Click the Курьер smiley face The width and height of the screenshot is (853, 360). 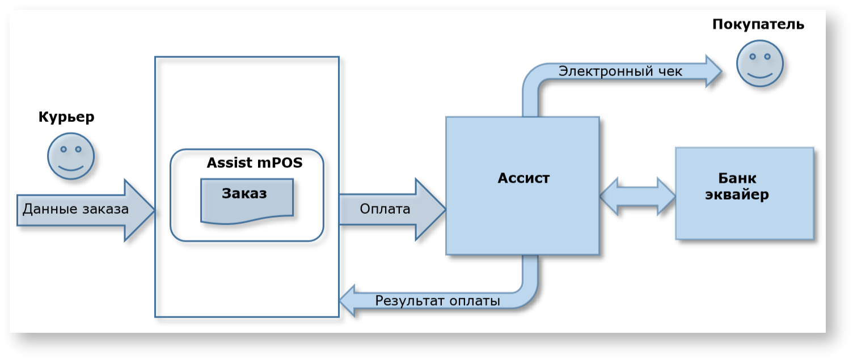pos(71,156)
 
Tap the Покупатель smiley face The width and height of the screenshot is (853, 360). pos(760,63)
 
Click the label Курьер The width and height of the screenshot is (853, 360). pos(66,117)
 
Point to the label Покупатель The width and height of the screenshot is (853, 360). pos(758,24)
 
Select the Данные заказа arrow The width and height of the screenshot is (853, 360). pos(85,210)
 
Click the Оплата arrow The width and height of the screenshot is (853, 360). pos(391,209)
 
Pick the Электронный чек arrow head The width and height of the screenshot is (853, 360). pos(712,71)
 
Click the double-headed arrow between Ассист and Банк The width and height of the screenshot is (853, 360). pos(637,196)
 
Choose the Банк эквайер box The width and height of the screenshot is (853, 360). pos(744,193)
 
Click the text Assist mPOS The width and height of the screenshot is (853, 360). pos(255,163)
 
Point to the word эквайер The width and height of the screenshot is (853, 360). pos(737,195)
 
